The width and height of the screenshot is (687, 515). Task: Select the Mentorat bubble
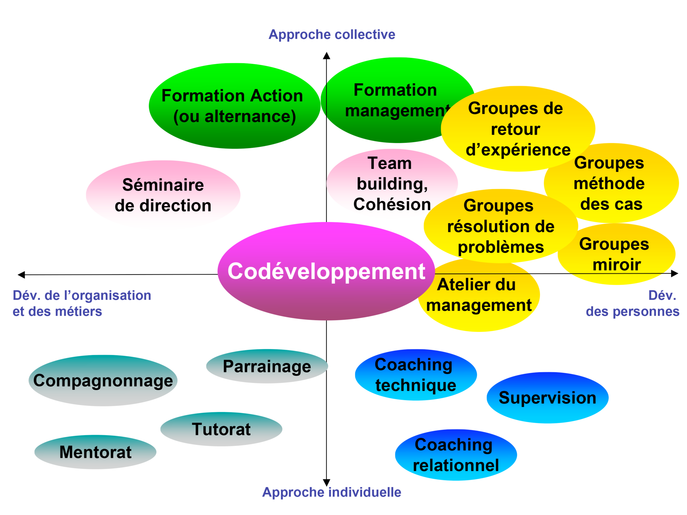click(x=95, y=452)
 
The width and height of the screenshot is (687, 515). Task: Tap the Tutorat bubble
click(x=221, y=429)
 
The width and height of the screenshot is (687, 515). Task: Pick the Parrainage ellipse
click(x=267, y=366)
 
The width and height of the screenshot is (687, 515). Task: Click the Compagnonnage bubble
click(x=103, y=381)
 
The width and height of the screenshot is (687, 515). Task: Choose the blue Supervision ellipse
click(x=547, y=398)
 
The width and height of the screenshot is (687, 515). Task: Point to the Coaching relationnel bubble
click(x=456, y=455)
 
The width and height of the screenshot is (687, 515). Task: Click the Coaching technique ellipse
click(x=416, y=375)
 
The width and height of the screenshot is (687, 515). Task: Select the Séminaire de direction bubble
click(x=163, y=195)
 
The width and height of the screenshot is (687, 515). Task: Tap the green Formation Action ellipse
click(x=234, y=106)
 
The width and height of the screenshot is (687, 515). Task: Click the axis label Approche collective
click(x=332, y=35)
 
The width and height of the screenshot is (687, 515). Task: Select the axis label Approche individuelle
click(x=331, y=492)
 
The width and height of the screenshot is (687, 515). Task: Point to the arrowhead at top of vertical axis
click(x=326, y=56)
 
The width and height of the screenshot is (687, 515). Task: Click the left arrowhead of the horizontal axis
click(x=21, y=275)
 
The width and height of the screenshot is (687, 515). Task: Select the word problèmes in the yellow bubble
click(x=500, y=247)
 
